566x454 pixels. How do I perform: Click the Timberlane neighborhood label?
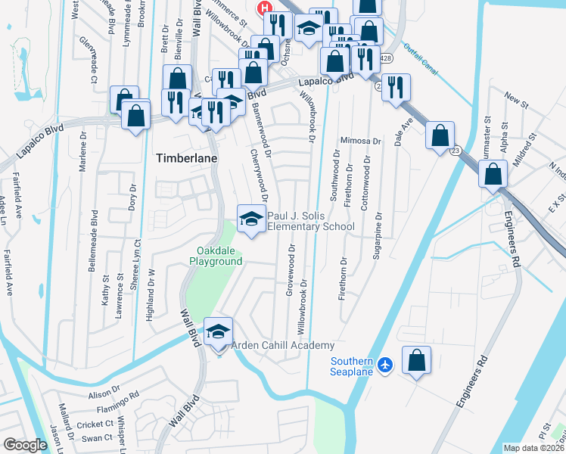pos(186,158)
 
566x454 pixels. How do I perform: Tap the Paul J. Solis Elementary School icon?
pos(251,219)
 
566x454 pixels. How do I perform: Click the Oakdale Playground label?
pos(219,256)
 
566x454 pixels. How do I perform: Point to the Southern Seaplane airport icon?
pos(386,365)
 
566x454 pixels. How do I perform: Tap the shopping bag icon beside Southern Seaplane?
pos(417,361)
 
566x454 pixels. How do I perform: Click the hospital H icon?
pos(265,8)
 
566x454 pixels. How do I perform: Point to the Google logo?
pos(25,445)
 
